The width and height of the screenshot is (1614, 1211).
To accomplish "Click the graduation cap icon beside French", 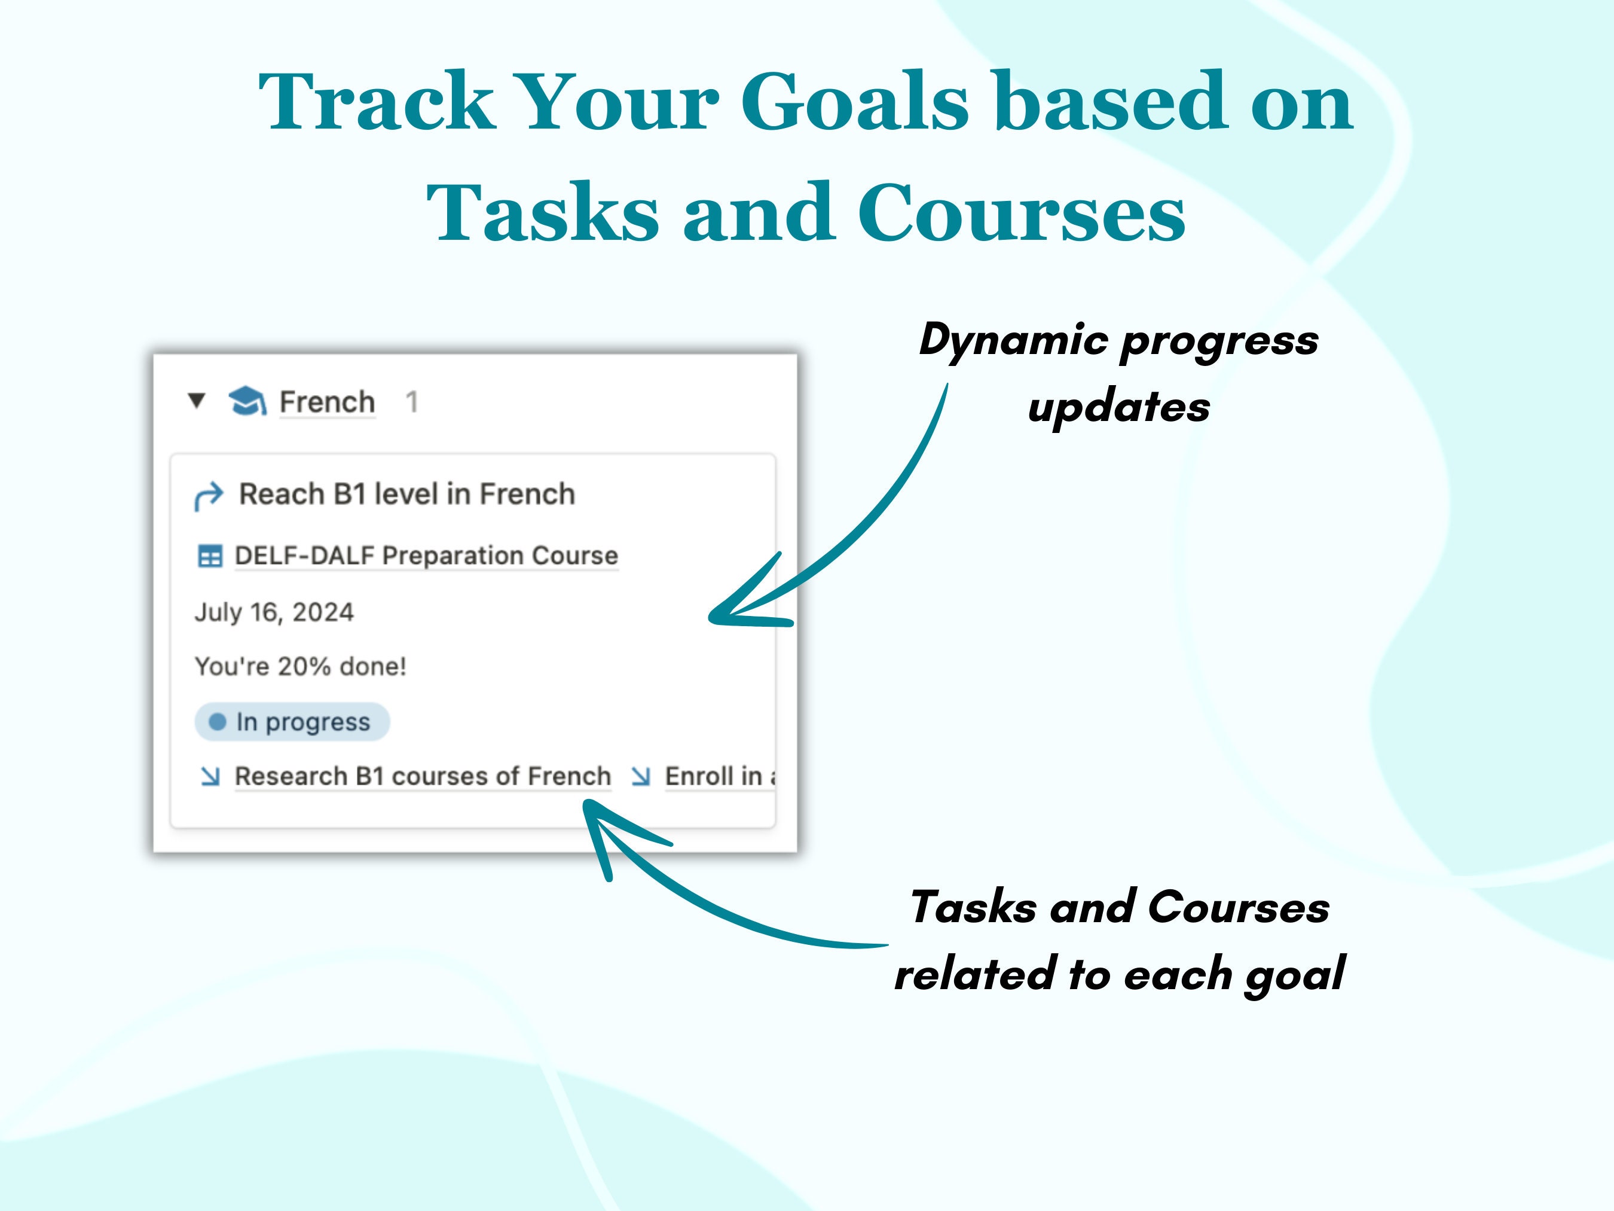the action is tap(247, 401).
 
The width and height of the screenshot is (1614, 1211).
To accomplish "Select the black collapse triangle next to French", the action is tap(196, 401).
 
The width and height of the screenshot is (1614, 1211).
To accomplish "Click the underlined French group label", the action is tap(327, 402).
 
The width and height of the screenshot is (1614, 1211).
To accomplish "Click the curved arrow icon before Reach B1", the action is tap(209, 496).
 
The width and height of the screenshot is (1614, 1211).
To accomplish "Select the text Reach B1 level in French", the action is tap(407, 494).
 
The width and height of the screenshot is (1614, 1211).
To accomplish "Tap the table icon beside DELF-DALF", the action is tap(210, 556).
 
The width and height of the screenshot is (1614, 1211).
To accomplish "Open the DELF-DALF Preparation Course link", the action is tap(426, 556).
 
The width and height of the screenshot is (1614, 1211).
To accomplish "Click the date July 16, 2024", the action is tap(274, 612).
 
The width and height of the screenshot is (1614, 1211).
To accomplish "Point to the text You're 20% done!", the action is tap(300, 666).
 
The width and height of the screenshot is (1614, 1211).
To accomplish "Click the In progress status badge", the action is tap(292, 722).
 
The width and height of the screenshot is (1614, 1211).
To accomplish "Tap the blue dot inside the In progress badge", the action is tap(218, 722).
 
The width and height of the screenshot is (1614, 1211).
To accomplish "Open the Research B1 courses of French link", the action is tap(423, 776).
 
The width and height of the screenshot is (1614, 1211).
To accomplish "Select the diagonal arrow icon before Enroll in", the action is tap(641, 776).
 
